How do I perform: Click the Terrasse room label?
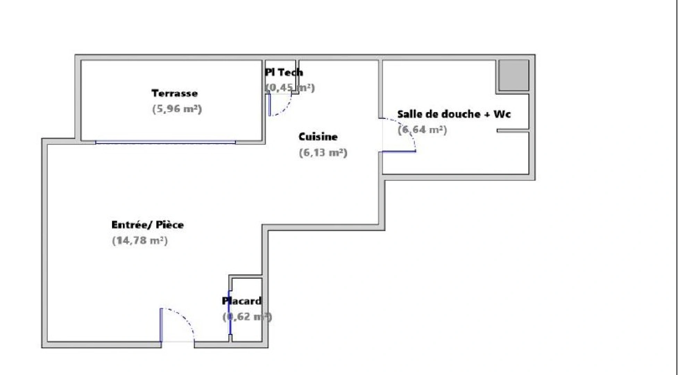[175, 93]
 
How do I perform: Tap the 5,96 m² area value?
[177, 109]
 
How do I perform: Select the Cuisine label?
[318, 137]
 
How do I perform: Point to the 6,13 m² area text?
[323, 153]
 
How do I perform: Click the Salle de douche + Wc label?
[454, 114]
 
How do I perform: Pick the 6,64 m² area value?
[422, 130]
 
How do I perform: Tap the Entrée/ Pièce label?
[147, 225]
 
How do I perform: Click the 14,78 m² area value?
[140, 240]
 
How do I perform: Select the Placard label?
[242, 301]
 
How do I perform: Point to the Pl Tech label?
[284, 72]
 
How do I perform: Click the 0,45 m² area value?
[290, 88]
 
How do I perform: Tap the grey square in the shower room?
[514, 75]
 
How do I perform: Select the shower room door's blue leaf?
[399, 151]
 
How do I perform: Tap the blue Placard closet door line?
[229, 312]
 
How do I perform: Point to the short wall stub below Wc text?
[512, 131]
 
